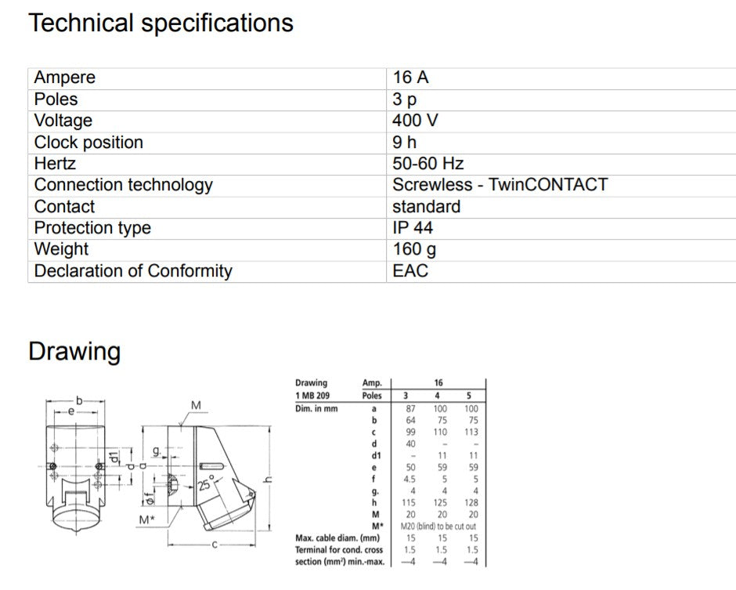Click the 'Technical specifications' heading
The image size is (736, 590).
[x=161, y=23]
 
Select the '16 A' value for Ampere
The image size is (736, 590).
[x=410, y=78]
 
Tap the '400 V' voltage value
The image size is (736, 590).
[x=415, y=121]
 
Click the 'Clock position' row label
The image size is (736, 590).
[x=88, y=143]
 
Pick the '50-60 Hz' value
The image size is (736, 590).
[x=428, y=164]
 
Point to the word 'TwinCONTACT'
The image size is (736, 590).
[x=548, y=185]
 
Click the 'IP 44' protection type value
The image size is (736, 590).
[x=413, y=228]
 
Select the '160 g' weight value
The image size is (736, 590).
[x=414, y=249]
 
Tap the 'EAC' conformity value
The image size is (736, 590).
[x=410, y=271]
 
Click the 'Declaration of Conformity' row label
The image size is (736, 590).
[x=133, y=271]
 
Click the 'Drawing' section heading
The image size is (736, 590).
[x=74, y=351]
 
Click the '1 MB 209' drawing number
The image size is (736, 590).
[x=312, y=396]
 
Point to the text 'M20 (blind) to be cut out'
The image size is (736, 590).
[x=438, y=526]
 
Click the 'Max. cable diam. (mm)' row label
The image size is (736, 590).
[x=337, y=538]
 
